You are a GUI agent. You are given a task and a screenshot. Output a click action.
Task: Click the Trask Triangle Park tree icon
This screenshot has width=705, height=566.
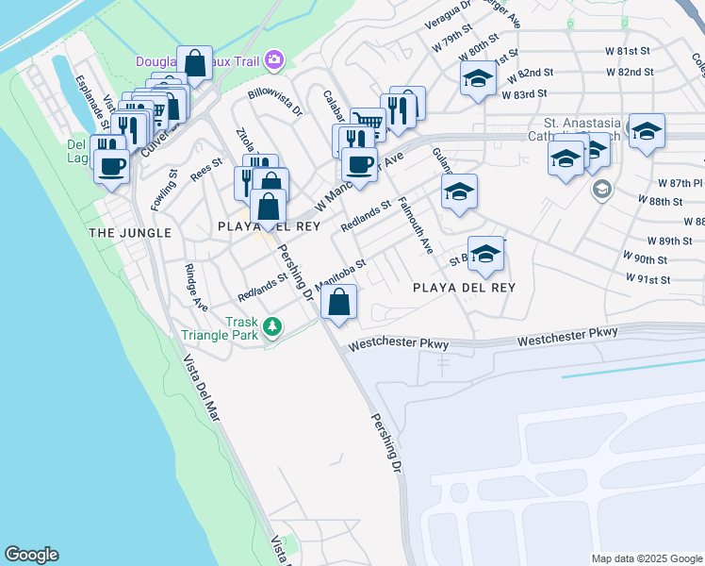click(x=272, y=327)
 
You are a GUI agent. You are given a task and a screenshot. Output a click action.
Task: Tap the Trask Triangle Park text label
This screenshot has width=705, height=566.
click(x=229, y=328)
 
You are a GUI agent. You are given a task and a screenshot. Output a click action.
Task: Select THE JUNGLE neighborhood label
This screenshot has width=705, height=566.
click(x=130, y=232)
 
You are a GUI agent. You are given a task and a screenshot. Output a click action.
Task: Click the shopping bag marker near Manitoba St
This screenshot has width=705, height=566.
click(x=338, y=304)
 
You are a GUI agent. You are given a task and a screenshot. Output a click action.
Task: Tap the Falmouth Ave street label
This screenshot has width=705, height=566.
click(x=416, y=225)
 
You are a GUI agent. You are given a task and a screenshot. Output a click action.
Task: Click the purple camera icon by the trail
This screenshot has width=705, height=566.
click(x=274, y=61)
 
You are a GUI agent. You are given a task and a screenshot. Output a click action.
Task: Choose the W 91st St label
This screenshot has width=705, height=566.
click(x=648, y=279)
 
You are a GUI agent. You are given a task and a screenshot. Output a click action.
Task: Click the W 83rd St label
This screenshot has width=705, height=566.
click(x=524, y=94)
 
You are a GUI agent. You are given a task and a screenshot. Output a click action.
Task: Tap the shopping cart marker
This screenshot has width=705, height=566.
click(x=369, y=124)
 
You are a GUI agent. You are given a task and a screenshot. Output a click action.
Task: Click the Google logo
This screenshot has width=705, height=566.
click(x=31, y=555)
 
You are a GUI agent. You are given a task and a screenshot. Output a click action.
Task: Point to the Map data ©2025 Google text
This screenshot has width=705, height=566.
click(x=647, y=558)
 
